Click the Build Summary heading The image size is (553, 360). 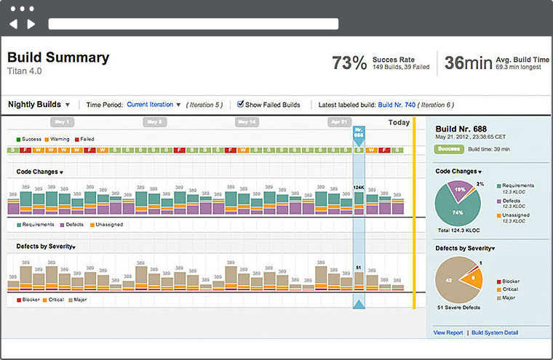58,57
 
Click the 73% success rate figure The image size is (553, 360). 349,63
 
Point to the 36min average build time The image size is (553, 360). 468,63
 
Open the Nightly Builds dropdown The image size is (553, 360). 39,105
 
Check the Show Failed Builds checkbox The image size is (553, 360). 241,105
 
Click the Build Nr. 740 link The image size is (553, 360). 396,105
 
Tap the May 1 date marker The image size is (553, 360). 63,122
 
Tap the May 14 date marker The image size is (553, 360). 247,122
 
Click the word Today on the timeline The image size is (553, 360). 399,123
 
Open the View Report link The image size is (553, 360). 448,332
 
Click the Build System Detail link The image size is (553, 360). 495,332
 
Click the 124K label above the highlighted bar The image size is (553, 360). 359,188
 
